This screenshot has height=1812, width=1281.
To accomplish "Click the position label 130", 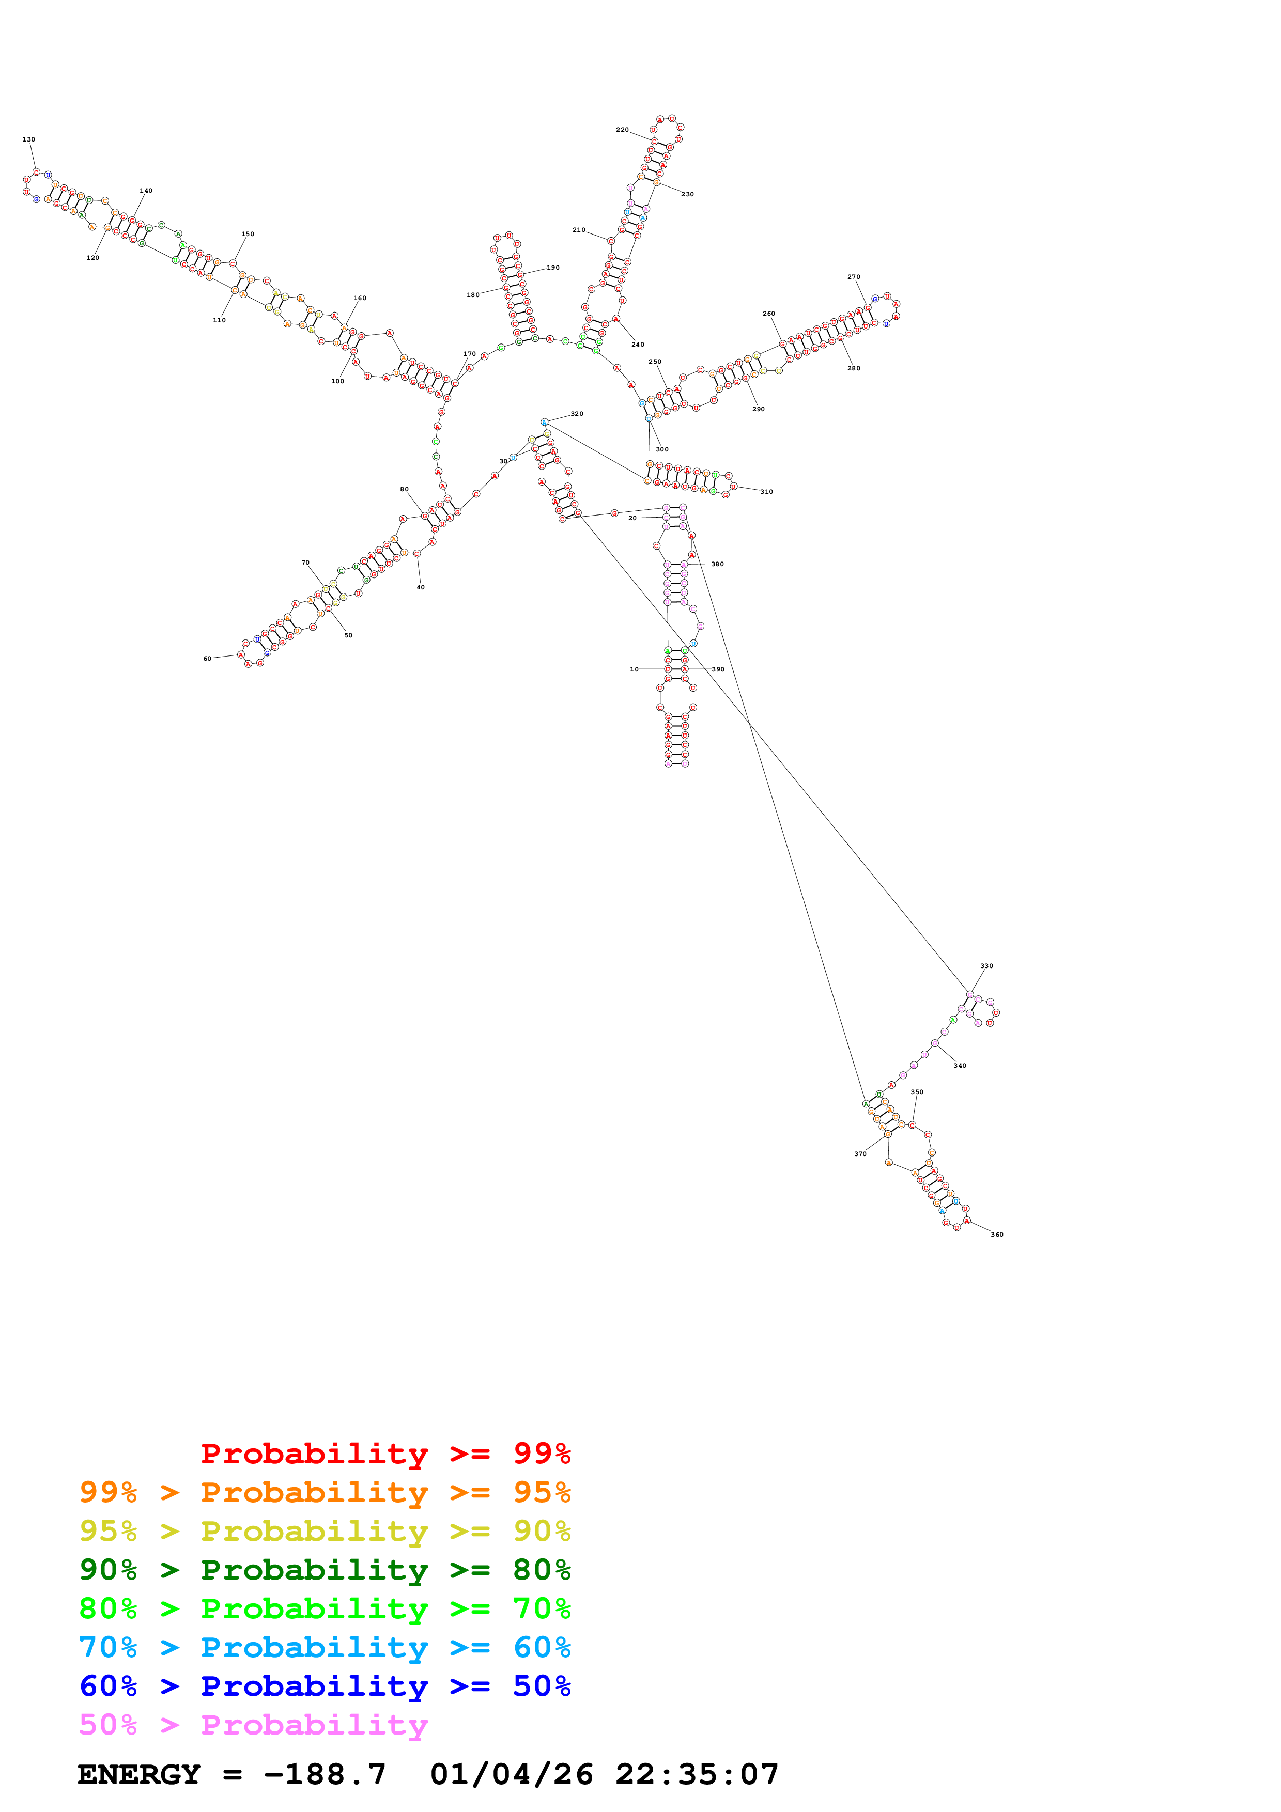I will pyautogui.click(x=28, y=139).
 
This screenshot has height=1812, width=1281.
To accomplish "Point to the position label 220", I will pyautogui.click(x=622, y=130).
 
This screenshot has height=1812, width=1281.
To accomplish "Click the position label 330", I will pyautogui.click(x=986, y=966).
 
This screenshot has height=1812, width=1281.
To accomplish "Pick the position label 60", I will pyautogui.click(x=208, y=658).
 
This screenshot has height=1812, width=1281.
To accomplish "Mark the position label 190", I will pyautogui.click(x=553, y=268).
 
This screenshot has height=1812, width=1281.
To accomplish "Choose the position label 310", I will pyautogui.click(x=766, y=492).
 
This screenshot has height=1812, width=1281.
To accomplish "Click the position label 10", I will pyautogui.click(x=634, y=669).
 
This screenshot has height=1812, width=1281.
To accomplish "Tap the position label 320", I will pyautogui.click(x=577, y=414).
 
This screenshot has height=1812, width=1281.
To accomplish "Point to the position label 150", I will pyautogui.click(x=248, y=235).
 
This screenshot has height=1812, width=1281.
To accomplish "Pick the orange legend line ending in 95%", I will pyautogui.click(x=325, y=1492).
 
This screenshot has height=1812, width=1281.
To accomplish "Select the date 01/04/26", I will pyautogui.click(x=512, y=1774).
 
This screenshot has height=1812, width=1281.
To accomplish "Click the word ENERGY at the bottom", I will pyautogui.click(x=139, y=1774).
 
